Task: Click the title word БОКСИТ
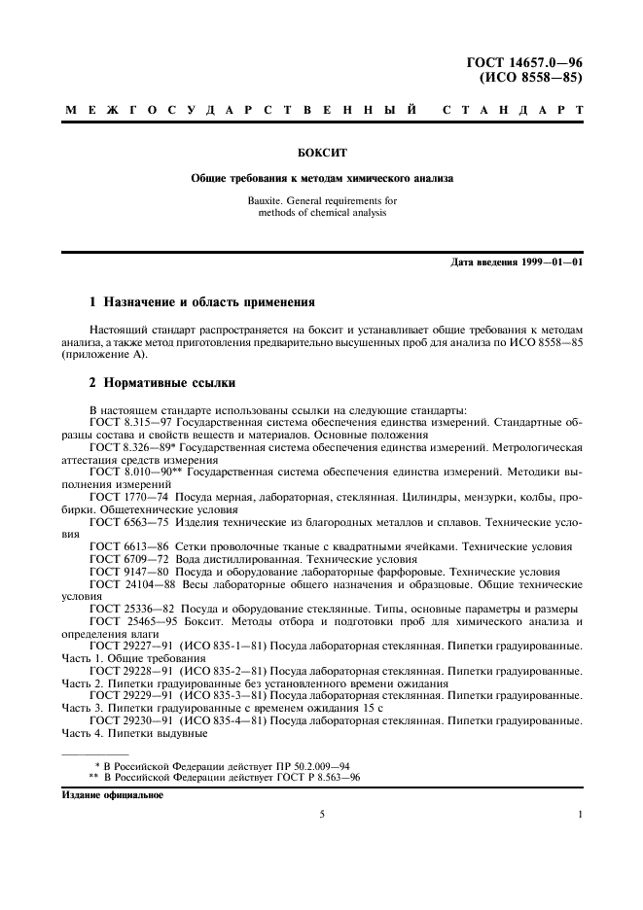[x=321, y=153]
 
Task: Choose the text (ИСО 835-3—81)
[x=217, y=696]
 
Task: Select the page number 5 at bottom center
[x=321, y=814]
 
